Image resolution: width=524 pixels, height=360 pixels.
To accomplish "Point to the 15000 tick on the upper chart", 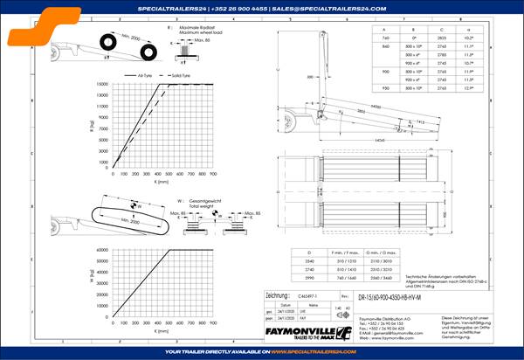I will point(103,84).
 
